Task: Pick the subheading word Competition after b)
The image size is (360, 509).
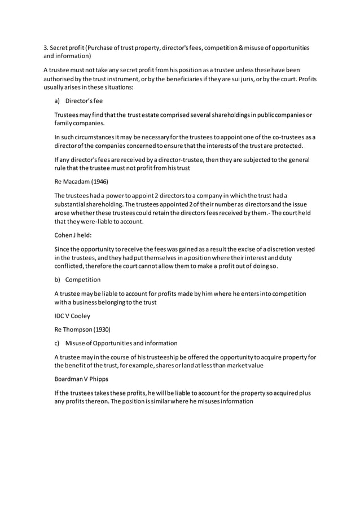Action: click(x=83, y=279)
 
